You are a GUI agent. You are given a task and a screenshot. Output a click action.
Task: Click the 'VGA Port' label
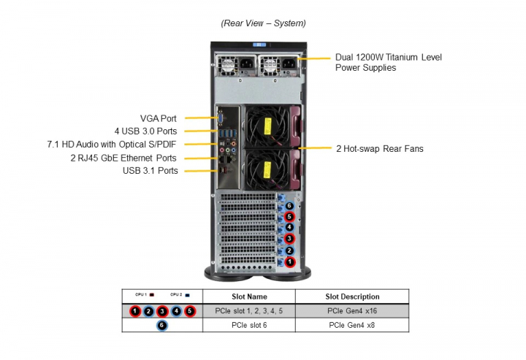click(159, 118)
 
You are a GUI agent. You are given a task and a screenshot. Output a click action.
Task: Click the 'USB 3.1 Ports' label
click(150, 171)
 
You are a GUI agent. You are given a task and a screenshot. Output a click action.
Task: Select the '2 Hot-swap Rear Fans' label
click(380, 149)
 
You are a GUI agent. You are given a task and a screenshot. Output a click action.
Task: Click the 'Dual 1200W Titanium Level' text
click(388, 57)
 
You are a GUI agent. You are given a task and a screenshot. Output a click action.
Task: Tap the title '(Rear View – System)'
click(263, 23)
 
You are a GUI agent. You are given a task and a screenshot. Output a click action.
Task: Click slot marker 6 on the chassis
click(289, 206)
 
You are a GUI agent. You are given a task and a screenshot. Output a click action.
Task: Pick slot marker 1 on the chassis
click(289, 261)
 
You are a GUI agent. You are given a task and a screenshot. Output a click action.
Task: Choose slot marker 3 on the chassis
click(289, 239)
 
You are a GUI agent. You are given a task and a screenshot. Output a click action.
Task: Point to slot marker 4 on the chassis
click(289, 228)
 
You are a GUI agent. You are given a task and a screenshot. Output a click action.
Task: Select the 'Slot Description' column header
click(352, 296)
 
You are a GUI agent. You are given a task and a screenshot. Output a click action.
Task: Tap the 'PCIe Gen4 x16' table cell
click(352, 311)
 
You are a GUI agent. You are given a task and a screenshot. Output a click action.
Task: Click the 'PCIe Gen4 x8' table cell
click(352, 325)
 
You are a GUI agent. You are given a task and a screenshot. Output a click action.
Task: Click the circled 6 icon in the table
click(161, 326)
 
